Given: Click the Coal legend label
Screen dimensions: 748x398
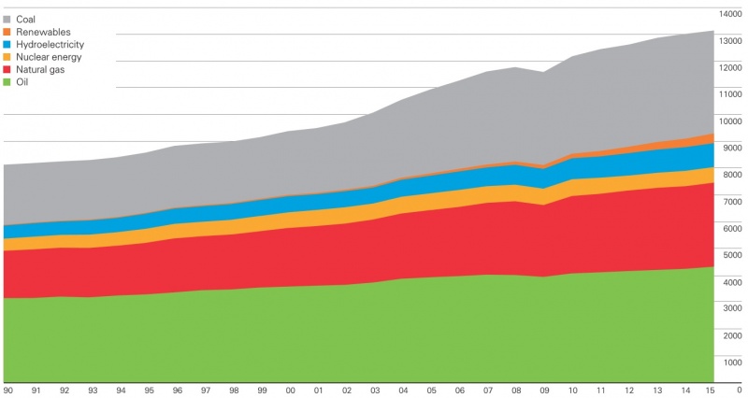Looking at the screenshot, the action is click(26, 20).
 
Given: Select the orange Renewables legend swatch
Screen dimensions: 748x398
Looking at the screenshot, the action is click(7, 32).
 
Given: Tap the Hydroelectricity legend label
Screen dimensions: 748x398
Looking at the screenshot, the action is click(50, 45).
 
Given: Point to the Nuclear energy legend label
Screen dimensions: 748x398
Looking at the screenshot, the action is click(49, 57).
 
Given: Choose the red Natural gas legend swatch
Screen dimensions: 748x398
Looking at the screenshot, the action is click(7, 69).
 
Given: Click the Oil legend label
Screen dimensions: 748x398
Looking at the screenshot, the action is click(22, 82).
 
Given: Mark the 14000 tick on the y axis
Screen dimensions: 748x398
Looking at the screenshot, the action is click(730, 14).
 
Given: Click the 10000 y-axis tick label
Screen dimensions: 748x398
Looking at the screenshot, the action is click(730, 121).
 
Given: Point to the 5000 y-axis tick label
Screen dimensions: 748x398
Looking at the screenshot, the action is click(732, 255).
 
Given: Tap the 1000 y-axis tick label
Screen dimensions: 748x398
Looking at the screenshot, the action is click(732, 362).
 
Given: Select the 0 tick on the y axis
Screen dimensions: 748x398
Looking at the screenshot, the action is click(739, 390).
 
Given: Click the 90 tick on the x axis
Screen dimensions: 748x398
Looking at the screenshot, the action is click(7, 391).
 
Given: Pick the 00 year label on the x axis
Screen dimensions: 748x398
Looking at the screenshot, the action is click(290, 391).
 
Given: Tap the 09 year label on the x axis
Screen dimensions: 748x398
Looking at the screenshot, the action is click(544, 391).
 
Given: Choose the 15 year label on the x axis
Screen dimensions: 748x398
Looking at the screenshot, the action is click(710, 391).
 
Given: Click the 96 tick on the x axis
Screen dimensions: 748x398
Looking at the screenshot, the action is click(177, 391).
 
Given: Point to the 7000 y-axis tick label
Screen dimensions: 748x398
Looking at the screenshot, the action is click(732, 202).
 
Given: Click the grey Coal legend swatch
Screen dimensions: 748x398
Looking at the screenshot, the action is click(7, 20).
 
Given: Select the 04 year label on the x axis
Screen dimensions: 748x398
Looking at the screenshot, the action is click(403, 391).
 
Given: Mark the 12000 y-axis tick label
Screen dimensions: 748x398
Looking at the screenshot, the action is click(730, 67).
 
